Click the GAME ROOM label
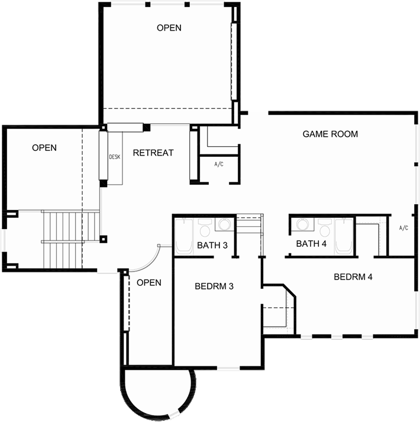pyautogui.click(x=330, y=134)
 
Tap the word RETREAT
pyautogui.click(x=153, y=153)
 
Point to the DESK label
pyautogui.click(x=115, y=157)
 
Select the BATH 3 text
pyautogui.click(x=212, y=245)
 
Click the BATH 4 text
pyautogui.click(x=311, y=244)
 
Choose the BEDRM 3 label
pyautogui.click(x=214, y=286)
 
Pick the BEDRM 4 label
pyautogui.click(x=353, y=276)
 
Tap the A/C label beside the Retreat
pyautogui.click(x=219, y=164)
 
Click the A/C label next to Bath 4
pyautogui.click(x=403, y=228)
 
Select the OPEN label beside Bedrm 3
pyautogui.click(x=149, y=282)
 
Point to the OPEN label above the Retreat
pyautogui.click(x=169, y=28)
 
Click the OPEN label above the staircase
pyautogui.click(x=44, y=148)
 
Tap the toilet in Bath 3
pyautogui.click(x=205, y=227)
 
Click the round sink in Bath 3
pyautogui.click(x=224, y=224)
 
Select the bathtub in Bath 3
pyautogui.click(x=184, y=237)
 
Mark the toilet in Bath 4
pyautogui.click(x=325, y=227)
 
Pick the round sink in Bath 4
pyautogui.click(x=303, y=224)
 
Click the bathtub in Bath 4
pyautogui.click(x=344, y=236)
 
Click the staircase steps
pyautogui.click(x=70, y=239)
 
